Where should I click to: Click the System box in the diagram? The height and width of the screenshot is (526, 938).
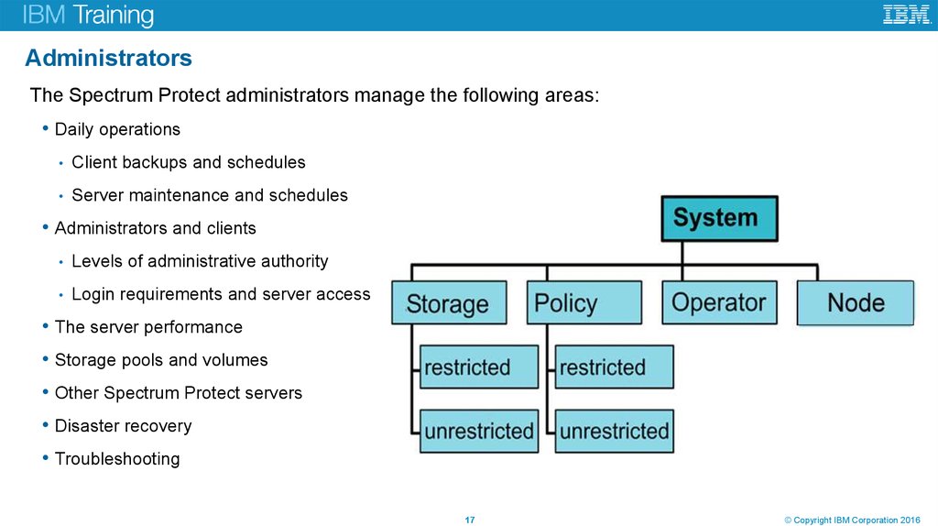pos(719,218)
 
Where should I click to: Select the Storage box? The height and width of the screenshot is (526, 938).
pos(449,303)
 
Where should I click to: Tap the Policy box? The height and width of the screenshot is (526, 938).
pos(584,303)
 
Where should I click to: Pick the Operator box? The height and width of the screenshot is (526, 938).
pos(719,303)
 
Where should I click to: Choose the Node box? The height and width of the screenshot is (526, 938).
pos(856,303)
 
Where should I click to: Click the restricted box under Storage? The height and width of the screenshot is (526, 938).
pos(477,367)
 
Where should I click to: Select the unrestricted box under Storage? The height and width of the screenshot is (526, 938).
pos(477,431)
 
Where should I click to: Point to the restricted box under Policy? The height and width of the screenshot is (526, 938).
pos(613,367)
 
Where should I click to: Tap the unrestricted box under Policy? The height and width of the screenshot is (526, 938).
pos(613,431)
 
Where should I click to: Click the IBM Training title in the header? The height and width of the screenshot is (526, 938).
pos(89,16)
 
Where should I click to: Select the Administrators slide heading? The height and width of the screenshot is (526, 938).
pos(108,59)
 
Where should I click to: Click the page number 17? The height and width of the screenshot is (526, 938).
pos(470,521)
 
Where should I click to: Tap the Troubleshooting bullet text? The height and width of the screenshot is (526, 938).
pos(117,459)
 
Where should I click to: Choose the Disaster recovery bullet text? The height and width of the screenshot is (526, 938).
pos(123,426)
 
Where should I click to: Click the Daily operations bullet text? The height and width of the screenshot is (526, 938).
pos(117,129)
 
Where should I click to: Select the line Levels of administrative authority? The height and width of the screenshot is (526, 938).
pos(199,261)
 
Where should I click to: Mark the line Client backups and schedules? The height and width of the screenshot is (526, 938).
pos(188,162)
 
